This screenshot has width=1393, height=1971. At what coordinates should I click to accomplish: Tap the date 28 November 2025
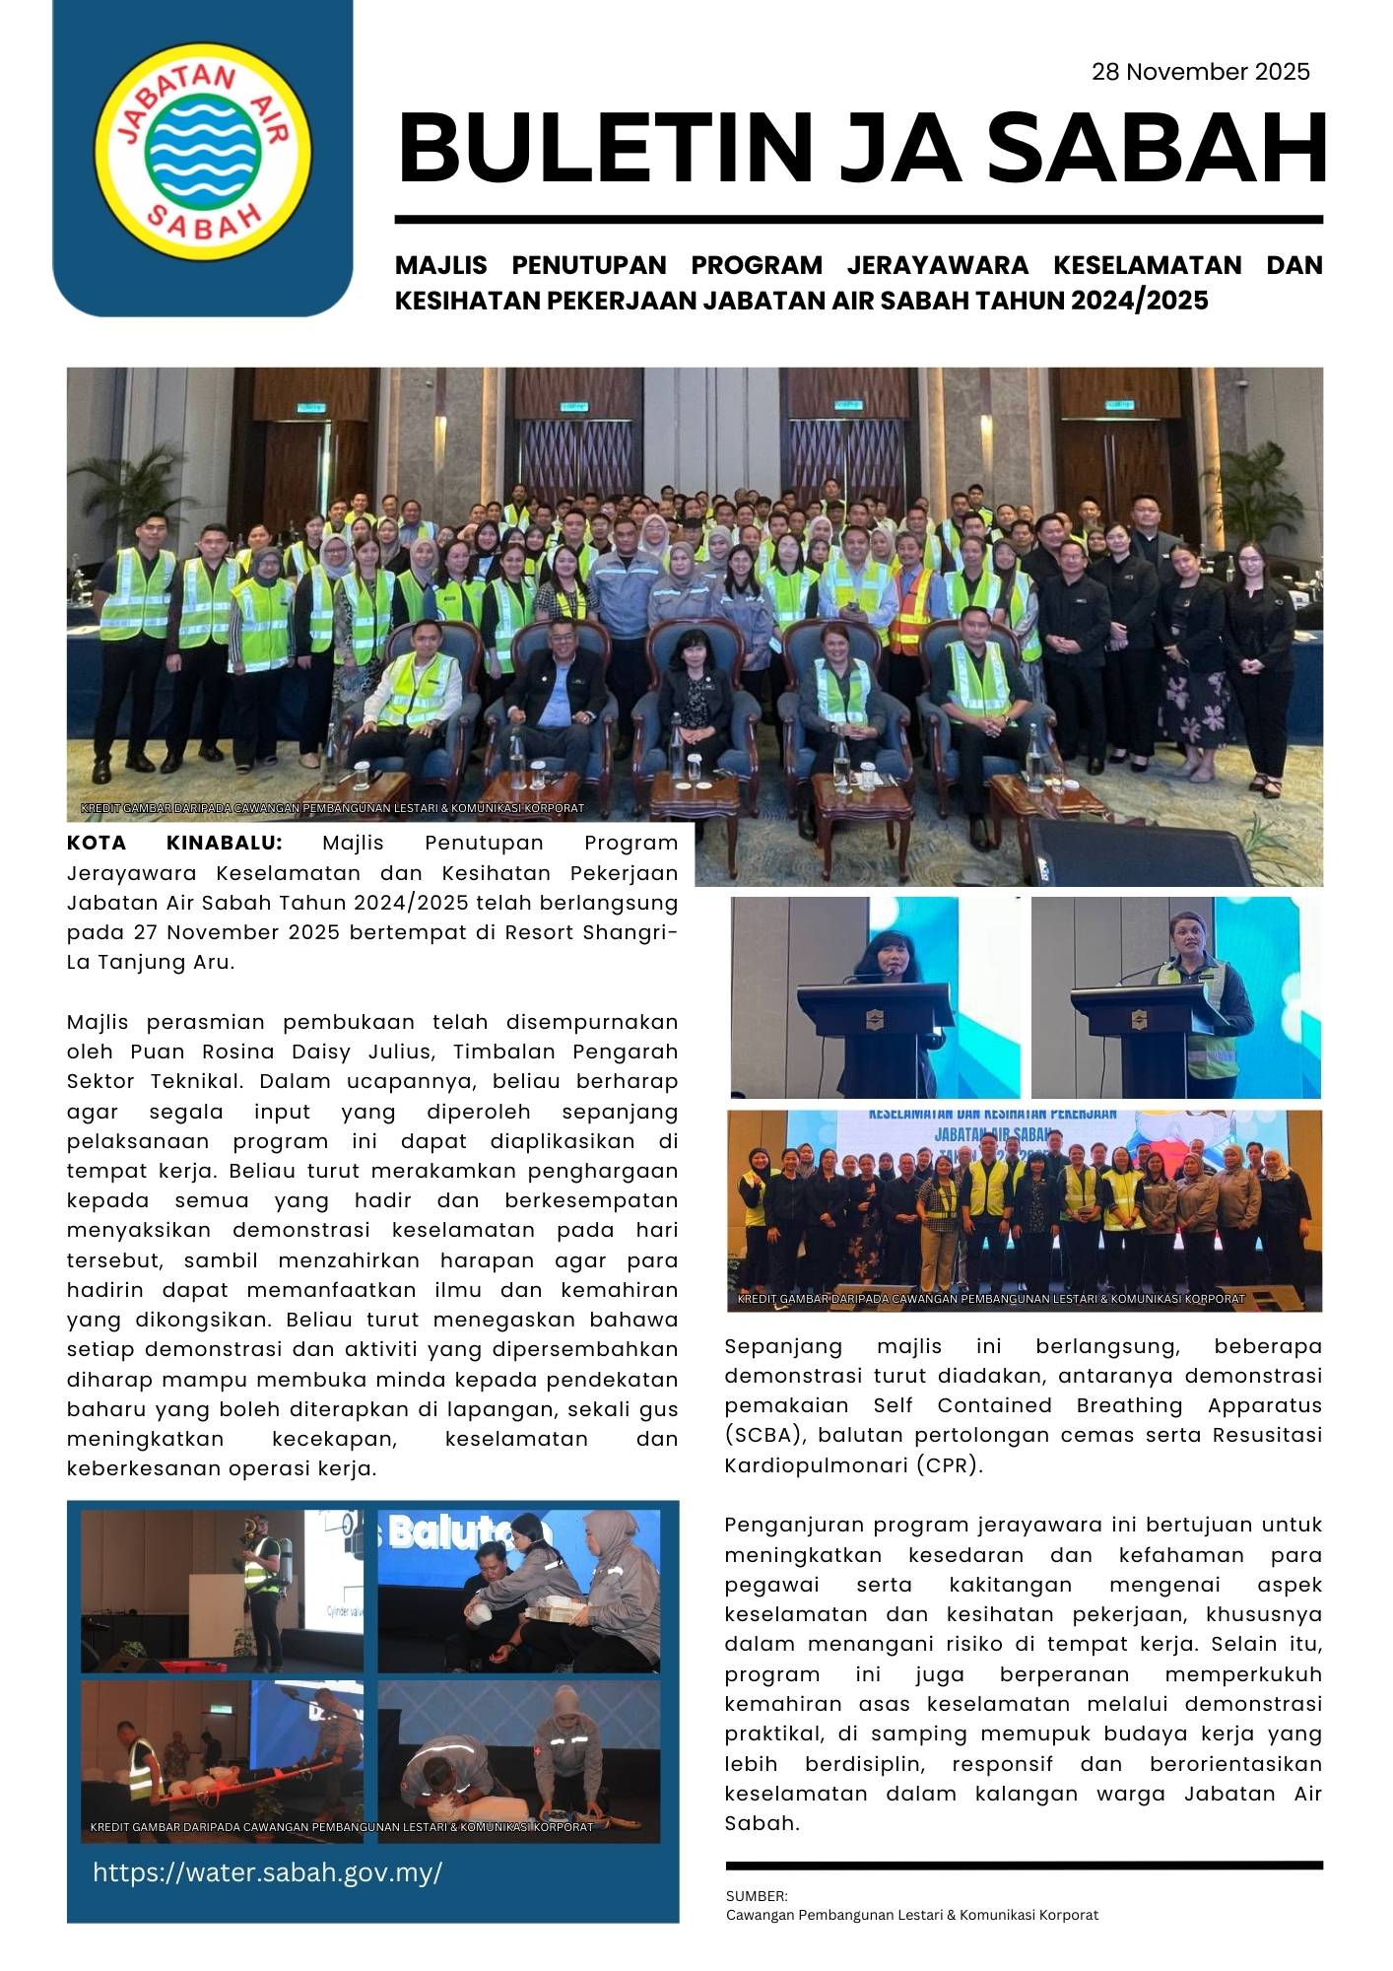1200,72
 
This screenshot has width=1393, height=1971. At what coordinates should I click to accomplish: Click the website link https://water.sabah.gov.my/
267,1872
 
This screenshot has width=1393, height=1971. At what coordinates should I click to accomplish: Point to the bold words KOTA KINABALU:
174,843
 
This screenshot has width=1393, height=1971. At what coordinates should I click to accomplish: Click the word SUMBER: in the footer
757,1896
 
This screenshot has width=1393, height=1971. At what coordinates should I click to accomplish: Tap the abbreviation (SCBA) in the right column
765,1435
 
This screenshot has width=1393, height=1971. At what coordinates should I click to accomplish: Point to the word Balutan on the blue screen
469,1533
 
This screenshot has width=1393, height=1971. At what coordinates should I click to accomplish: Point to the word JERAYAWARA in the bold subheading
937,265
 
